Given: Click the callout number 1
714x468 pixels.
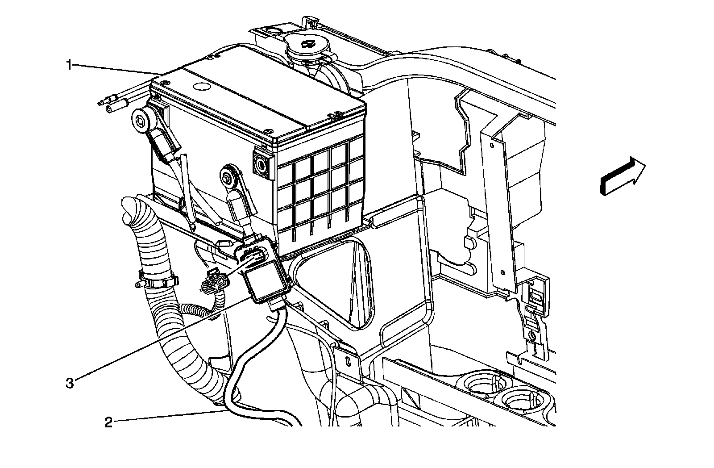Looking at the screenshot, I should tap(69, 66).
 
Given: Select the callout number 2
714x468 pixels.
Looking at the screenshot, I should tap(108, 422).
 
